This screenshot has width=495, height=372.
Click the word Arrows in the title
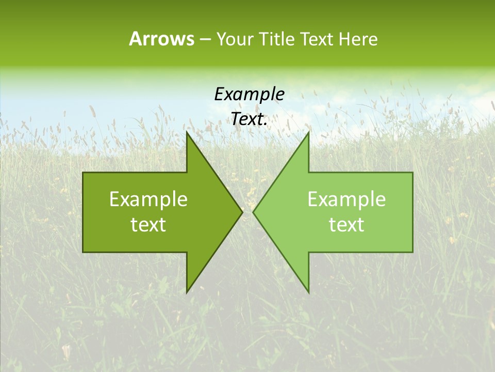coord(161,39)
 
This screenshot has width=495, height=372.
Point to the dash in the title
coord(205,40)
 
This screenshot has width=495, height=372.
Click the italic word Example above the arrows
coord(249,94)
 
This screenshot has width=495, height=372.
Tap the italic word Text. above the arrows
coord(249,119)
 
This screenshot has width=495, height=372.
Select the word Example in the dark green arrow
coord(148,199)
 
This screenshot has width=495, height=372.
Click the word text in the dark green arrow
coord(148,225)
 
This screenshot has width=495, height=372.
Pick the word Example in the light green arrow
coord(346,199)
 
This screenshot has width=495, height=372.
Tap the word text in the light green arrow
coord(346,225)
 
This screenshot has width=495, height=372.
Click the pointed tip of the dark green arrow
coord(242,212)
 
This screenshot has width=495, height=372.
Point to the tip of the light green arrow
coord(253,212)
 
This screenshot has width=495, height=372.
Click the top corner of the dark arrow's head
coord(187,132)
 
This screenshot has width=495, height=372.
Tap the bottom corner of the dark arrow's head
coord(187,292)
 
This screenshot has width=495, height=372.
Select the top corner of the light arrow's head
coord(308,132)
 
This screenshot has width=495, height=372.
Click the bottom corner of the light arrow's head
coord(308,292)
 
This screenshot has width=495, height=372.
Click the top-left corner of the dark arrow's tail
coord(83,173)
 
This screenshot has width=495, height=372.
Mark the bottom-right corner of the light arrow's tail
coord(412,252)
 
